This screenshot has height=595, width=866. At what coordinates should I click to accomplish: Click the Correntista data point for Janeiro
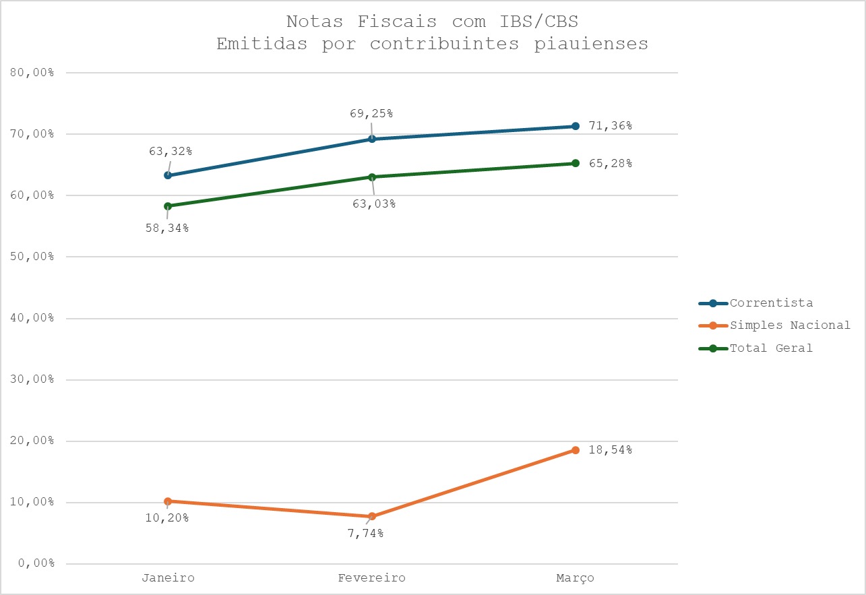click(x=168, y=175)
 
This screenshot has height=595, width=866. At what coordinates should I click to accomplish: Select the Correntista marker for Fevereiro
click(x=371, y=139)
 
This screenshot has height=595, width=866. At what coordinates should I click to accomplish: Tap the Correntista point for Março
click(x=575, y=126)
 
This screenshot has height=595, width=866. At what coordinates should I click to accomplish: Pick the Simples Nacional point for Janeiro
click(x=168, y=501)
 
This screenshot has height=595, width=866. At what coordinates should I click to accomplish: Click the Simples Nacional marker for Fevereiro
click(x=371, y=516)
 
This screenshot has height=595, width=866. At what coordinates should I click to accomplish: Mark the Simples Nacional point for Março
click(x=575, y=450)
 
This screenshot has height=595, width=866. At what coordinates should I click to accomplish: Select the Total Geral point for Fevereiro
click(x=371, y=177)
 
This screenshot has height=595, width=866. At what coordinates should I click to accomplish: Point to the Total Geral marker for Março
click(x=575, y=163)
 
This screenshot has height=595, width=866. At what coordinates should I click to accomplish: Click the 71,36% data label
click(x=609, y=126)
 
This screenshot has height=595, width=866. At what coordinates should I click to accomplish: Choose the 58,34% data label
click(x=166, y=228)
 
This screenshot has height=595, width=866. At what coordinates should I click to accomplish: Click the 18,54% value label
click(x=609, y=450)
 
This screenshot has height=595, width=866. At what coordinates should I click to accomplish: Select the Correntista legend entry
click(x=771, y=303)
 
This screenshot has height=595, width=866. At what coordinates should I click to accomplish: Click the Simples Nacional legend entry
click(x=790, y=325)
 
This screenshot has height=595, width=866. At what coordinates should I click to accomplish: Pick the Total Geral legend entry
click(x=771, y=348)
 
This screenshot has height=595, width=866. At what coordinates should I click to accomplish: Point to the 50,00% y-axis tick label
click(x=33, y=257)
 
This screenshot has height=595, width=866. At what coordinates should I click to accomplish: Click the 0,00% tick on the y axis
click(x=36, y=564)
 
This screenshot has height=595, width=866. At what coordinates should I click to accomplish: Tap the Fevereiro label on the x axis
click(x=371, y=578)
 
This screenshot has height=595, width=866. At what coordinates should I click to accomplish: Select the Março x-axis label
click(x=575, y=578)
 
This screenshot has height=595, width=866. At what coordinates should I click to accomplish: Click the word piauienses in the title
click(x=583, y=44)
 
